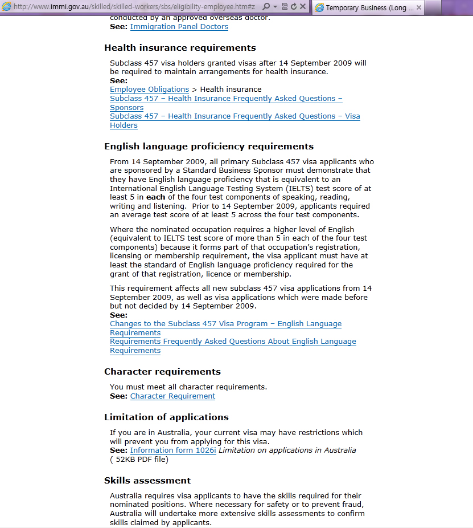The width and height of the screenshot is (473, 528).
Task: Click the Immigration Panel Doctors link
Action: pyautogui.click(x=179, y=27)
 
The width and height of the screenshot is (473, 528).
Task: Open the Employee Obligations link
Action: pyautogui.click(x=149, y=90)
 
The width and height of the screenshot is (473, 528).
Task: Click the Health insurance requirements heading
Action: pyautogui.click(x=180, y=48)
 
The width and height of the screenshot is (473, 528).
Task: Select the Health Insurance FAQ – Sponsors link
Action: pyautogui.click(x=226, y=99)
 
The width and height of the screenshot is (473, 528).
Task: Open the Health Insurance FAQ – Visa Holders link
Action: pyautogui.click(x=235, y=116)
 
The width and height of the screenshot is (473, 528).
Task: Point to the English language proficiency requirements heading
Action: pyautogui.click(x=209, y=147)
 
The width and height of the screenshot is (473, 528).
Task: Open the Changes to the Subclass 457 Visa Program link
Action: pyautogui.click(x=225, y=324)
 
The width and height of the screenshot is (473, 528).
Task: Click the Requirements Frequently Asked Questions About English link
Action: pyautogui.click(x=233, y=342)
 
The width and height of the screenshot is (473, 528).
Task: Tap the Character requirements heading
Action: pyautogui.click(x=162, y=372)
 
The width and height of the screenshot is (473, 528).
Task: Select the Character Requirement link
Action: pyautogui.click(x=172, y=396)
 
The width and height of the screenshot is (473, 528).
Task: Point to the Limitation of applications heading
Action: pyautogui.click(x=166, y=417)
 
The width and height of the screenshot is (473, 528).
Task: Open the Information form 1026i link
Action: pyautogui.click(x=173, y=450)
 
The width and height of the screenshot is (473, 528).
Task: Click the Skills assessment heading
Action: pyautogui.click(x=147, y=481)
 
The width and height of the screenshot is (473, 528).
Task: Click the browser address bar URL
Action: pyautogui.click(x=134, y=7)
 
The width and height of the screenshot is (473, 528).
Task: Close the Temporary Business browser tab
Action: pyautogui.click(x=419, y=8)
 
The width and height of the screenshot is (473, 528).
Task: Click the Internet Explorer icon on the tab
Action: pyautogui.click(x=319, y=8)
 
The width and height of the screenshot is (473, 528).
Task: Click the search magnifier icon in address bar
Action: pyautogui.click(x=266, y=7)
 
